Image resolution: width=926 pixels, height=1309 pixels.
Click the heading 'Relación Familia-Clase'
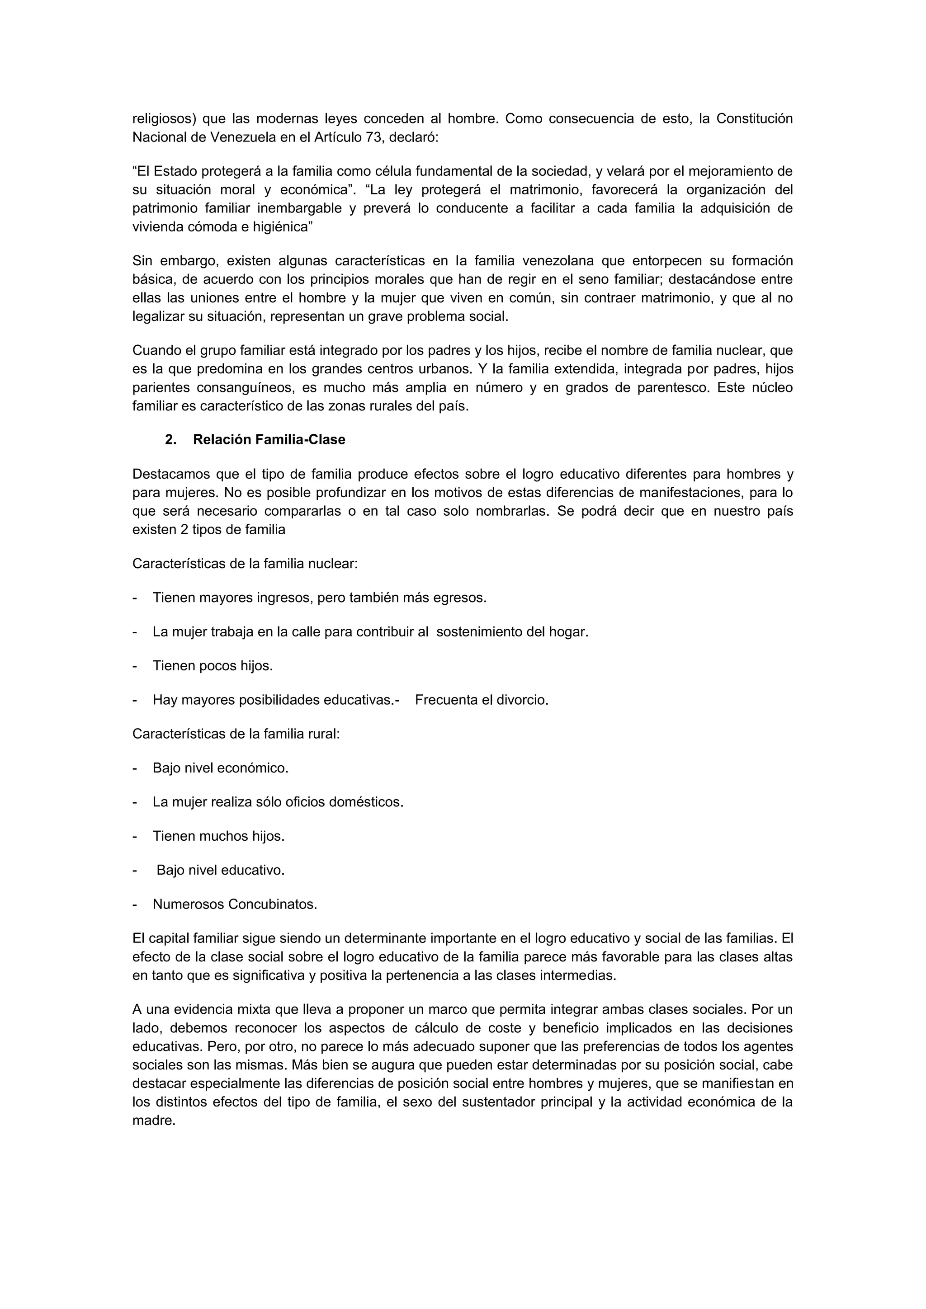point(269,439)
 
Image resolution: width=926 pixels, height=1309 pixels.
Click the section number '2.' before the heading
point(170,439)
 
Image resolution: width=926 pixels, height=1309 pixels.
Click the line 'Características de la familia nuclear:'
point(245,564)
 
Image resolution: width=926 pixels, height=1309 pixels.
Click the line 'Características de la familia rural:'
point(236,734)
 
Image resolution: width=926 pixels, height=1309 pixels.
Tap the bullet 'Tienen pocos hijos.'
point(212,666)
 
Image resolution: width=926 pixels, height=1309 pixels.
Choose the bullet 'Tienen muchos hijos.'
point(218,836)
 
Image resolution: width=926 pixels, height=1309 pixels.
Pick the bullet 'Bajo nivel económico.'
point(220,768)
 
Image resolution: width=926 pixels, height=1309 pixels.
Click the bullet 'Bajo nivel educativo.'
point(220,871)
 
